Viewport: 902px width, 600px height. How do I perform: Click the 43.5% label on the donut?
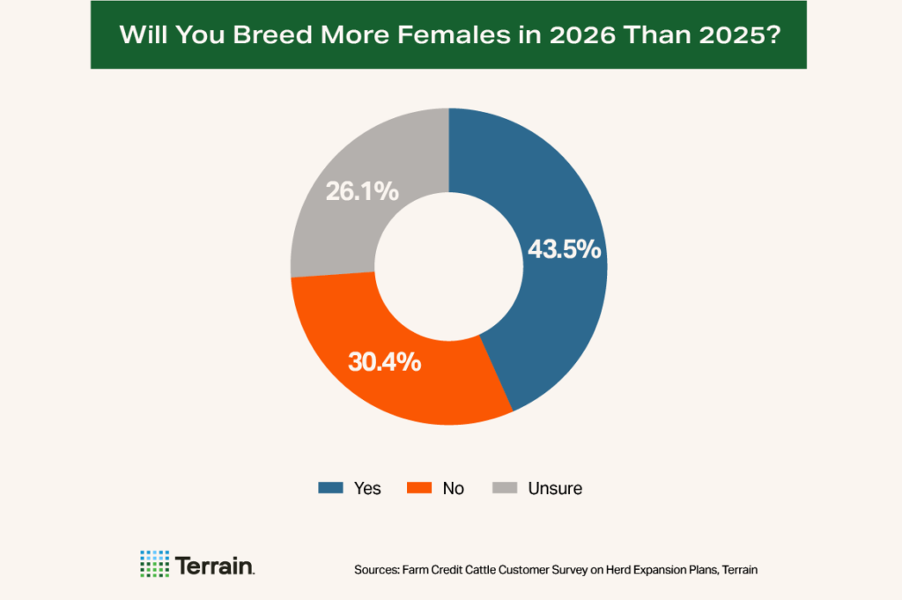[564, 249]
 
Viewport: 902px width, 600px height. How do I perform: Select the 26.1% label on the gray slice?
[363, 190]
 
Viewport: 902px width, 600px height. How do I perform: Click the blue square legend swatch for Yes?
[330, 487]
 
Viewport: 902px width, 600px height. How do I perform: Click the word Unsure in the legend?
[555, 488]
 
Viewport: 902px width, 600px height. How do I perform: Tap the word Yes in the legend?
[367, 488]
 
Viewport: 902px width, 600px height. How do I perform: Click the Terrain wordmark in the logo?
[215, 565]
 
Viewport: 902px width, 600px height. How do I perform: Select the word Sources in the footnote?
[375, 570]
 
